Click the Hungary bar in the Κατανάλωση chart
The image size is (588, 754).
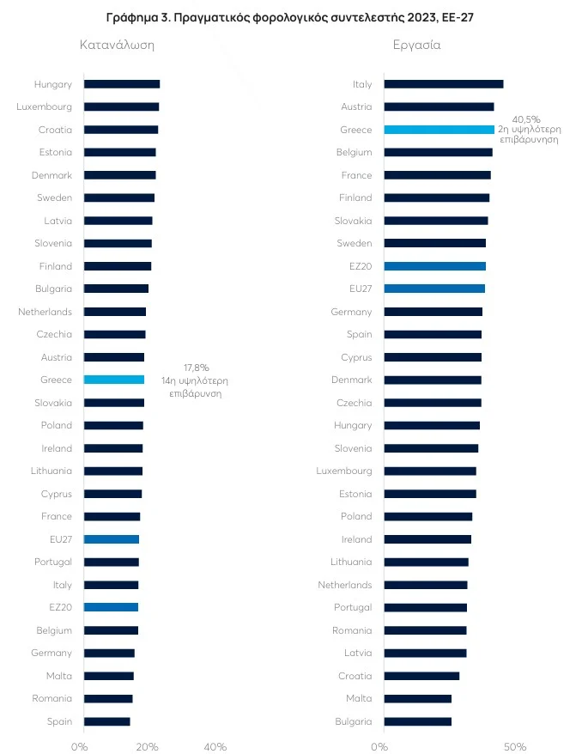[121, 84]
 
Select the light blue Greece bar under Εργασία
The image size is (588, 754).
[439, 130]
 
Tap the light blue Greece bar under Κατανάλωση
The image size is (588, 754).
[113, 380]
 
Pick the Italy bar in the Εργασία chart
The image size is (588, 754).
[443, 84]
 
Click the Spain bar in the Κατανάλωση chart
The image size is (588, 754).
[106, 721]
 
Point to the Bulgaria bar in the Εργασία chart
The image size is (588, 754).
[417, 721]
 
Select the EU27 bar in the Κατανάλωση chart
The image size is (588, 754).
[111, 539]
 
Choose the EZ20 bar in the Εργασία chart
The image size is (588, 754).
[434, 266]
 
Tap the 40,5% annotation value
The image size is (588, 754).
[525, 119]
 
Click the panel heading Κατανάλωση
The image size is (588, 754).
[117, 45]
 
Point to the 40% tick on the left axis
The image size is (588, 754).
[215, 747]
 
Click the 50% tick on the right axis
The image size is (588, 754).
[514, 747]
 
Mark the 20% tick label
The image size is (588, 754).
[147, 747]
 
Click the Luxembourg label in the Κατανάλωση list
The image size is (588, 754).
[44, 107]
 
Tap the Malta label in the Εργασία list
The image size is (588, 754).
[359, 699]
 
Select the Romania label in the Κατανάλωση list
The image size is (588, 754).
[52, 699]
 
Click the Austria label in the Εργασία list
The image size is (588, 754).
[356, 107]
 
